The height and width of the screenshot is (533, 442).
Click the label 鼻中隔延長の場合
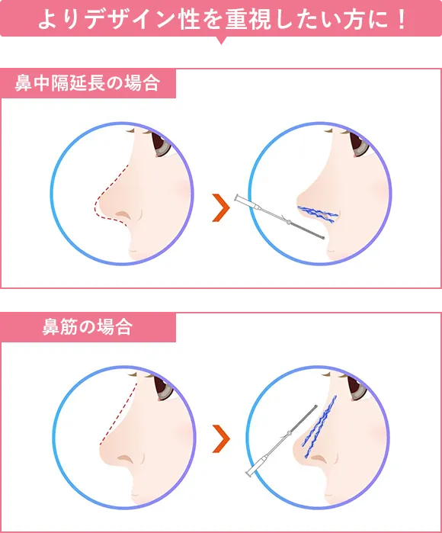(88, 83)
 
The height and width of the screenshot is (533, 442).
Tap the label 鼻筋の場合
(88, 328)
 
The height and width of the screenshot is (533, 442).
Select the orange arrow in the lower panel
(221, 438)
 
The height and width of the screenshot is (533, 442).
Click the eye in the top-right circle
(359, 144)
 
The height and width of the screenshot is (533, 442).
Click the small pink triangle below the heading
(222, 44)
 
